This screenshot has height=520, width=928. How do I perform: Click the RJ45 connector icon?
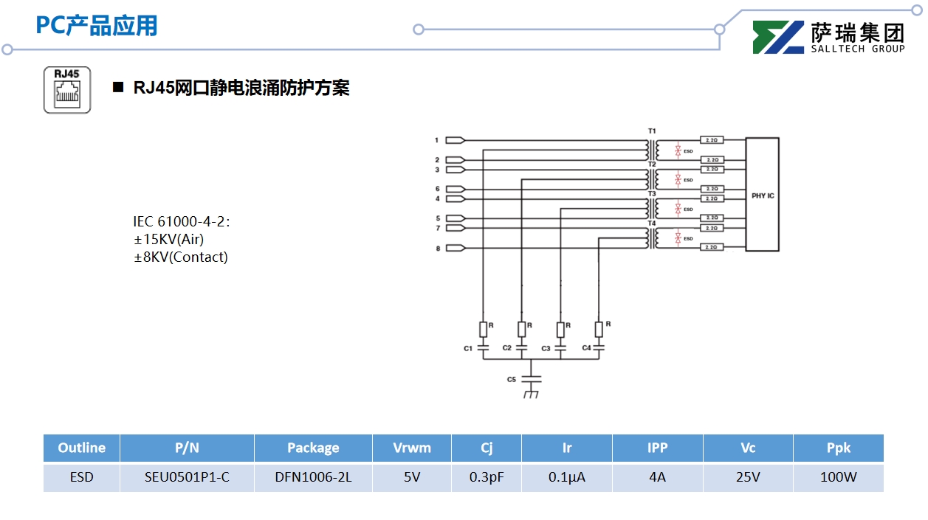point(67,90)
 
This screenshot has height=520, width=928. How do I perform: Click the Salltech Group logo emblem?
point(778,38)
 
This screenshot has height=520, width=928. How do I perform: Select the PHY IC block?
point(762,195)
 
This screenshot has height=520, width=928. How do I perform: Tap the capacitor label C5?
point(511,379)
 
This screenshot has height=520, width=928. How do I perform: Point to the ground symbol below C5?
point(531,395)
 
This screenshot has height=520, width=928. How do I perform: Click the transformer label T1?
point(652,131)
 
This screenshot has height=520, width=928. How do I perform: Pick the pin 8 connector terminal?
point(456,249)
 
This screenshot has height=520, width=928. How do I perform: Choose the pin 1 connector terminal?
point(456,140)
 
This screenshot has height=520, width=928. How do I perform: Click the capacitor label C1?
point(468,348)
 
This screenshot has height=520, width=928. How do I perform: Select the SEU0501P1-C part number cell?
point(187,477)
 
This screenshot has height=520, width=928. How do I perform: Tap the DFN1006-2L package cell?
point(313,477)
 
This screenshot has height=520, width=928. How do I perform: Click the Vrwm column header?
point(412,448)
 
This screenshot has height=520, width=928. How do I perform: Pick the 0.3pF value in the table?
point(487,477)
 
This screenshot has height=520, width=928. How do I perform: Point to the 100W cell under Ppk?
point(838,477)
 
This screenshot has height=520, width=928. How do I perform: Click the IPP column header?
point(657,448)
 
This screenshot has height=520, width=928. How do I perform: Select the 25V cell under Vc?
point(748,477)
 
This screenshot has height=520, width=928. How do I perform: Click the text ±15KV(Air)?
point(168,240)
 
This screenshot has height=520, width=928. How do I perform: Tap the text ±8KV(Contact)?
point(180,257)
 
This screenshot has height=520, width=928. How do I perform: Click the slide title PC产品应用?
point(97,26)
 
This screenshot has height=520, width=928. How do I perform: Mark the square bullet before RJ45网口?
point(117,88)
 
